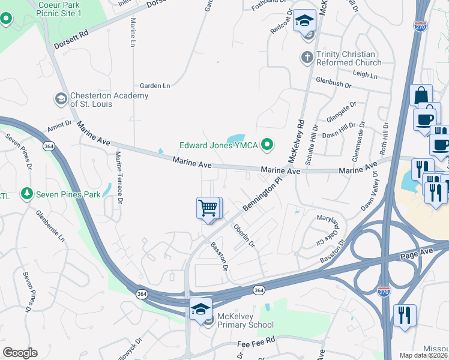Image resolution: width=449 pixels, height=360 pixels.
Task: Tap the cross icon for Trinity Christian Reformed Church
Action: coord(306,58)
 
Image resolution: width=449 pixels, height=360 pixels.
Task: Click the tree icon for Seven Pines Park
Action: coord(26,194)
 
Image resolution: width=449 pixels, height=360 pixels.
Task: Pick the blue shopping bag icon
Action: coord(421,95)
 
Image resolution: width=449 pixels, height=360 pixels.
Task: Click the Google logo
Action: coord(20,353)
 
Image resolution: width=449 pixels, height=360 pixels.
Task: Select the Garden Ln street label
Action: coord(155,86)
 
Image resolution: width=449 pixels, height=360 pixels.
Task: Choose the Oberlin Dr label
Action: coord(244,236)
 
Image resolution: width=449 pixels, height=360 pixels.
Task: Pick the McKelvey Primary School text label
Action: coord(246,325)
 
